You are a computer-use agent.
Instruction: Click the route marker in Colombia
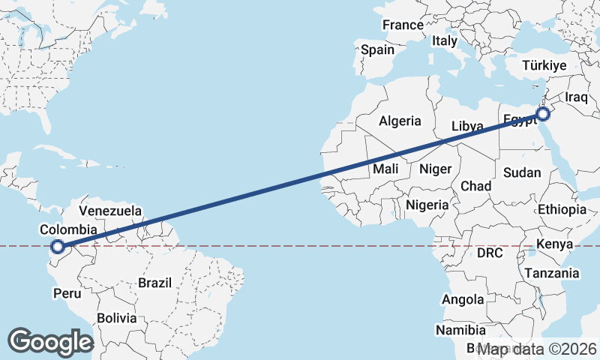[57, 246]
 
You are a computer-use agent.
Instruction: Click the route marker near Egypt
[543, 115]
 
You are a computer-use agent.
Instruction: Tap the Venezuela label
[109, 211]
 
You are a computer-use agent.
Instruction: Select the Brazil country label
[154, 283]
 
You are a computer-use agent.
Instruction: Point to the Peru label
[66, 293]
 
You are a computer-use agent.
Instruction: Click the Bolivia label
[116, 318]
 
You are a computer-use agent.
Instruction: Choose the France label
[403, 25]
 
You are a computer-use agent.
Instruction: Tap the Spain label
[377, 50]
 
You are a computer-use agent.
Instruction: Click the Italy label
[444, 41]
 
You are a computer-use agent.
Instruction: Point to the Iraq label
[578, 97]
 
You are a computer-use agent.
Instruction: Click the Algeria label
[400, 121]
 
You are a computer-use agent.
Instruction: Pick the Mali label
[385, 169]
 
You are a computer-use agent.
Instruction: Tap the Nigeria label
[427, 204]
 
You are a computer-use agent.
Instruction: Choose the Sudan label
[521, 172]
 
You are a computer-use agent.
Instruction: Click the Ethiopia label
[562, 209]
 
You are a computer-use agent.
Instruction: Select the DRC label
[490, 253]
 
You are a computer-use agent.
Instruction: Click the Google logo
[50, 341]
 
